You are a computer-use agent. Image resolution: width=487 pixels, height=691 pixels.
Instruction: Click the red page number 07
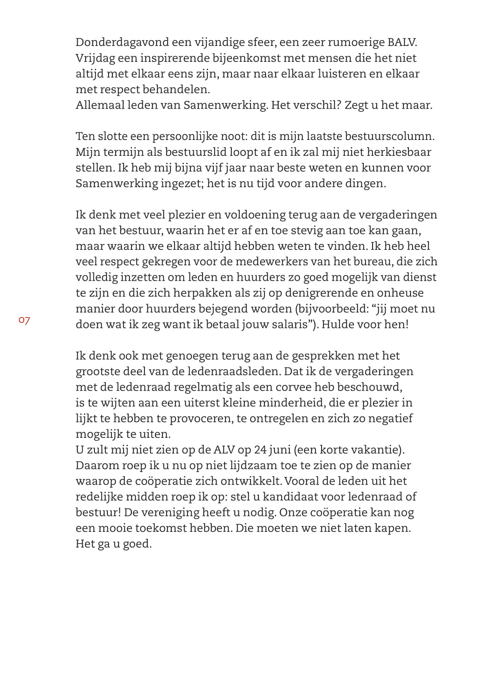pyautogui.click(x=24, y=320)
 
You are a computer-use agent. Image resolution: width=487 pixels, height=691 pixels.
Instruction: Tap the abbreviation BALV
pyautogui.click(x=402, y=43)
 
